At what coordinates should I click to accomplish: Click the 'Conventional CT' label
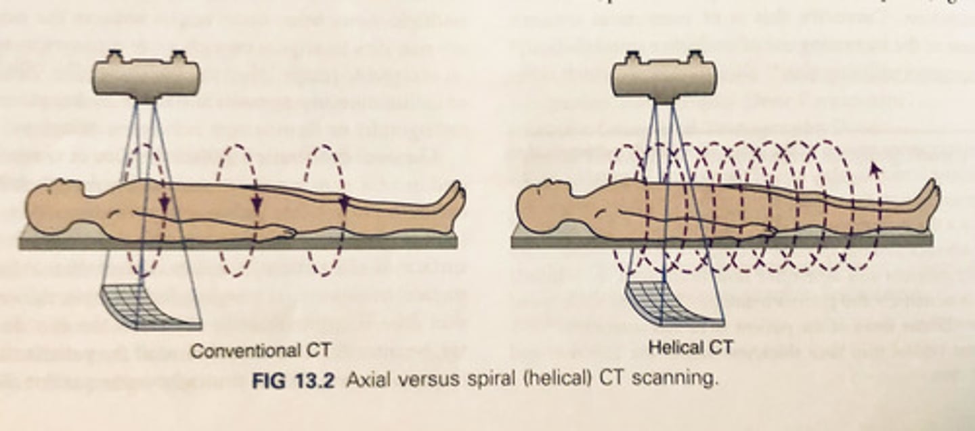pos(260,351)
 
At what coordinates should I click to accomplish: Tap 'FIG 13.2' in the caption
pos(293,380)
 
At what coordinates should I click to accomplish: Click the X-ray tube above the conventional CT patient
pos(146,76)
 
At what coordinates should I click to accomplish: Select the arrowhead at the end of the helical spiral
pos(875,169)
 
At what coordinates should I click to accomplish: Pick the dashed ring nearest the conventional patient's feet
pos(325,211)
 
